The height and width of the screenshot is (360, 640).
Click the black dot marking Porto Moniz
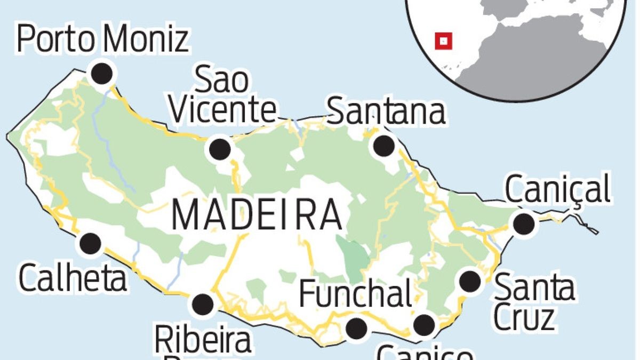click(x=102, y=73)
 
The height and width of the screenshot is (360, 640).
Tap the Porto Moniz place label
click(x=103, y=39)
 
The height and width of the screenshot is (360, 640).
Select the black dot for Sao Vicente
click(x=220, y=149)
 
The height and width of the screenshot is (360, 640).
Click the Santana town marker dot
click(x=384, y=145)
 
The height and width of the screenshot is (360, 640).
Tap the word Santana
click(x=386, y=111)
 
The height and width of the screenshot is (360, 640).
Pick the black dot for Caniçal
click(x=524, y=223)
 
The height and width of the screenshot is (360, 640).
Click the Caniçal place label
click(x=557, y=189)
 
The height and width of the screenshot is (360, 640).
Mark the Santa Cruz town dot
click(x=470, y=281)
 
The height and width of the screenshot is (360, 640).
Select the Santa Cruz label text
click(x=533, y=301)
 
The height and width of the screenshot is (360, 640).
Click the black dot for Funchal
click(x=356, y=329)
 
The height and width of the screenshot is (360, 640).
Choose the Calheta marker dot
click(x=90, y=244)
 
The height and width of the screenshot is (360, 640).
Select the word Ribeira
click(x=203, y=340)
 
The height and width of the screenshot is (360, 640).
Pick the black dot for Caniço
click(x=424, y=324)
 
